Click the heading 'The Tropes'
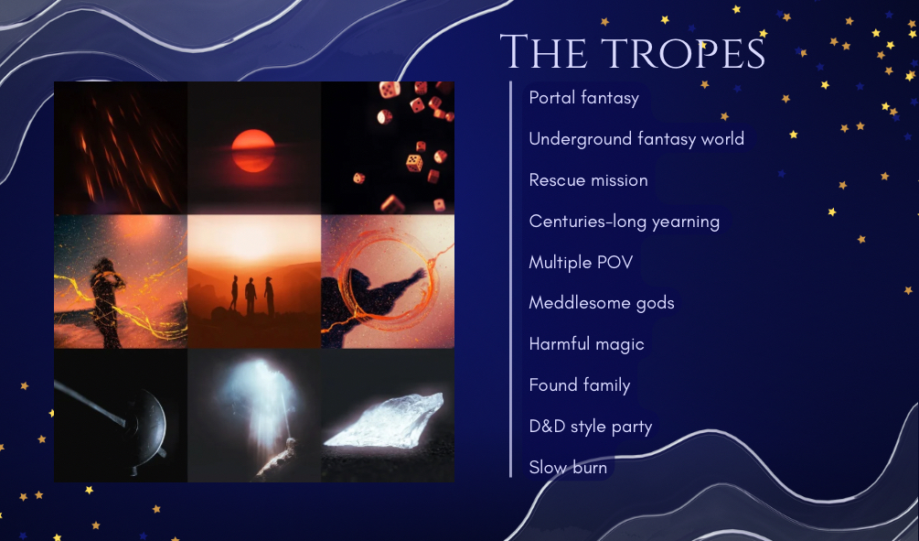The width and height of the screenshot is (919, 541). [x=633, y=51]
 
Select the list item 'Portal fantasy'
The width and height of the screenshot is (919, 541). [x=583, y=97]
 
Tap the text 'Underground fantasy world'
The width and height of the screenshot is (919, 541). [x=636, y=138]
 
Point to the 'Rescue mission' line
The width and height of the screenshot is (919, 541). [x=589, y=179]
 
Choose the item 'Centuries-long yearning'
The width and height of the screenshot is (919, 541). [x=625, y=222]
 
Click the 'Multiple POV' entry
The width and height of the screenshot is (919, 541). [x=581, y=262]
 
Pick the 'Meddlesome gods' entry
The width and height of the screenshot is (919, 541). [x=602, y=303]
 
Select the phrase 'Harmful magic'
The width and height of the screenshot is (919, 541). [x=586, y=344]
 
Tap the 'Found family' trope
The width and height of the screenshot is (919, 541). [x=580, y=384]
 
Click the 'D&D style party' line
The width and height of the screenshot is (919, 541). [x=590, y=426]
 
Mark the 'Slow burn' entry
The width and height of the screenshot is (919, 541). [x=568, y=467]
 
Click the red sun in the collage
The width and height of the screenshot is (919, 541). [x=253, y=151]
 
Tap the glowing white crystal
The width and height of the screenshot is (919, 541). [x=384, y=421]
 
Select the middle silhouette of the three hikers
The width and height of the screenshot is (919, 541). [x=251, y=297]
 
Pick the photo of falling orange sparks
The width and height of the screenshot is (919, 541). [x=121, y=148]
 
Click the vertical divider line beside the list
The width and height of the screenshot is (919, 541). [x=511, y=279]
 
